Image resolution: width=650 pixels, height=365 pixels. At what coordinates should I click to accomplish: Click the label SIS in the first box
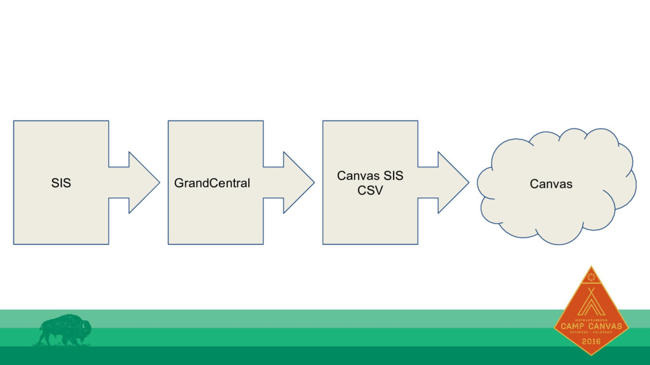pos(61,184)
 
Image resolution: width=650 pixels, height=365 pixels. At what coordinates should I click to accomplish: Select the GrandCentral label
pos(212,184)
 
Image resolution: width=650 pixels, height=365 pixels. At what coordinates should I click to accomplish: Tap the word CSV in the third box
pos(370,190)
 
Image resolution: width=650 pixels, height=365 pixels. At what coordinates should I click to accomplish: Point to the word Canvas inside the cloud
pos(551,184)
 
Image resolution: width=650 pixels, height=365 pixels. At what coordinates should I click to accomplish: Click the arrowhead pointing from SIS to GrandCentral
pos(143,182)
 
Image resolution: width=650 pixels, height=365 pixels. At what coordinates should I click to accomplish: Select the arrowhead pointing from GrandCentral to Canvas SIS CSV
pos(298,182)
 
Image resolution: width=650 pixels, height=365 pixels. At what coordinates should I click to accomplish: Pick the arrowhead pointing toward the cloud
pos(453,182)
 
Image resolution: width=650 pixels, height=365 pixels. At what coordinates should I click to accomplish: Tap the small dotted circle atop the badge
pos(591,276)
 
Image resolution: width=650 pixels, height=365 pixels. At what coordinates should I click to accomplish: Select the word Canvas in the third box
pos(355,176)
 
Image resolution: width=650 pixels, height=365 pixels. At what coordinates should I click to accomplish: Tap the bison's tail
pos(39,331)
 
